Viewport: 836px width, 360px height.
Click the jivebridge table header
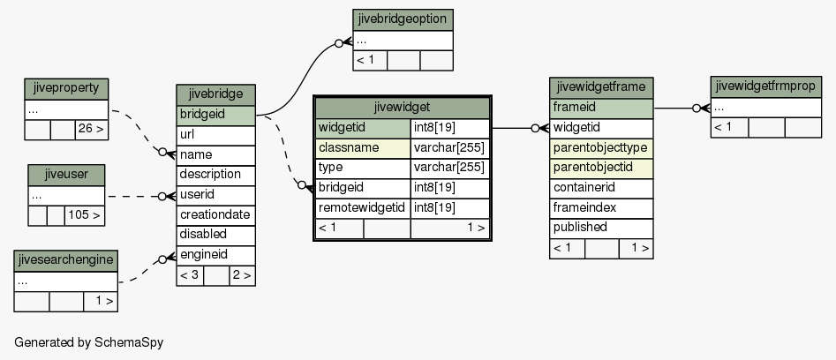(216, 94)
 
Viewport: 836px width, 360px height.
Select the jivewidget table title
(402, 108)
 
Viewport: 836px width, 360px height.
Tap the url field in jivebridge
(216, 135)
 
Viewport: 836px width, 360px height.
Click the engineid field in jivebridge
(216, 255)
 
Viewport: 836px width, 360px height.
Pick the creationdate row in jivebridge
(216, 215)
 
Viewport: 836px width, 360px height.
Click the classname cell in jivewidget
(363, 148)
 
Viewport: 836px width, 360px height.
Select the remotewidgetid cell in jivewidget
(363, 207)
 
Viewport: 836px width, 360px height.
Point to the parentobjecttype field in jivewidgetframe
(601, 148)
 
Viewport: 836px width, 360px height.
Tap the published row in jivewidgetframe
(601, 228)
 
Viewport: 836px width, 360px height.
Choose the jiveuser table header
(66, 176)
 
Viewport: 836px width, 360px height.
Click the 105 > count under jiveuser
(84, 215)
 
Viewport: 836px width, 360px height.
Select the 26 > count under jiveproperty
(92, 130)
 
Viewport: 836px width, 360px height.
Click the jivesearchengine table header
(65, 261)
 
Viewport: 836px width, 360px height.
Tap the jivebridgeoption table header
(403, 19)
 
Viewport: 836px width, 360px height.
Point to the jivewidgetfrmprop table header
(765, 86)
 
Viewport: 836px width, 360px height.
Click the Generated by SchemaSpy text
(89, 342)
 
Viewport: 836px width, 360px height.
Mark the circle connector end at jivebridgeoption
(339, 43)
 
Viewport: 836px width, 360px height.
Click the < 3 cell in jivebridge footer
(190, 276)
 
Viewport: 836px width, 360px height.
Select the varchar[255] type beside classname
(449, 148)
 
